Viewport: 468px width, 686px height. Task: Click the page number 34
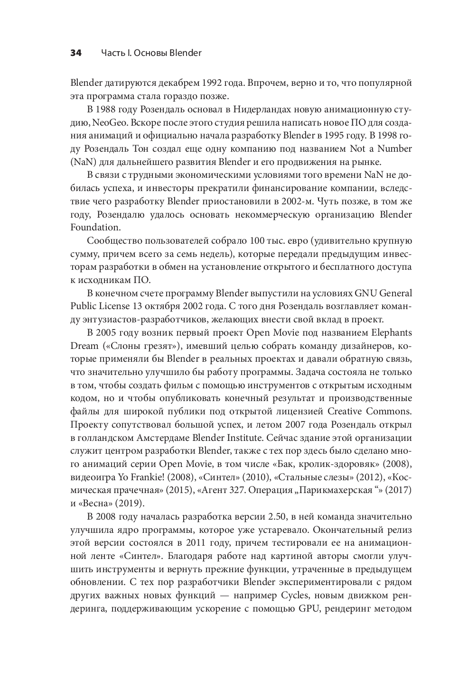coord(76,53)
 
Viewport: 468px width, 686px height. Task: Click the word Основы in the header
coord(150,53)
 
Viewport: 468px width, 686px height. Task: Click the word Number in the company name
coord(393,148)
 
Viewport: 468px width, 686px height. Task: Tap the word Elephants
coord(392,332)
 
